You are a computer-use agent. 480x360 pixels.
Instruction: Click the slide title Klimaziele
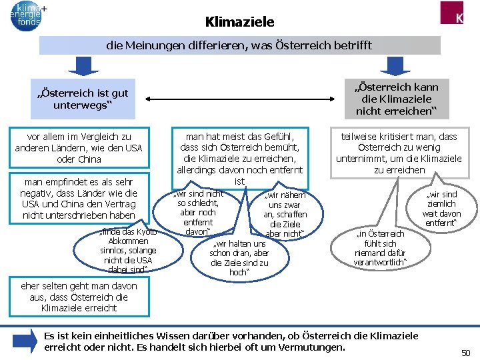239,22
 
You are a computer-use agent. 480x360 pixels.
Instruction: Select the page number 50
466,351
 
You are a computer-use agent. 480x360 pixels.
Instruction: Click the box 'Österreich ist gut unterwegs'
83,99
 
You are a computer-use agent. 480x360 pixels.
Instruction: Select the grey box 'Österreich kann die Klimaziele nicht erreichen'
397,98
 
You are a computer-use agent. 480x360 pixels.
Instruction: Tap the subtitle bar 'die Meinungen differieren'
239,45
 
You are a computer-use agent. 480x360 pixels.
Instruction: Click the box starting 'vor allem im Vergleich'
79,147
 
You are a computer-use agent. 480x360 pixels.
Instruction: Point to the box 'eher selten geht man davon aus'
79,297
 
